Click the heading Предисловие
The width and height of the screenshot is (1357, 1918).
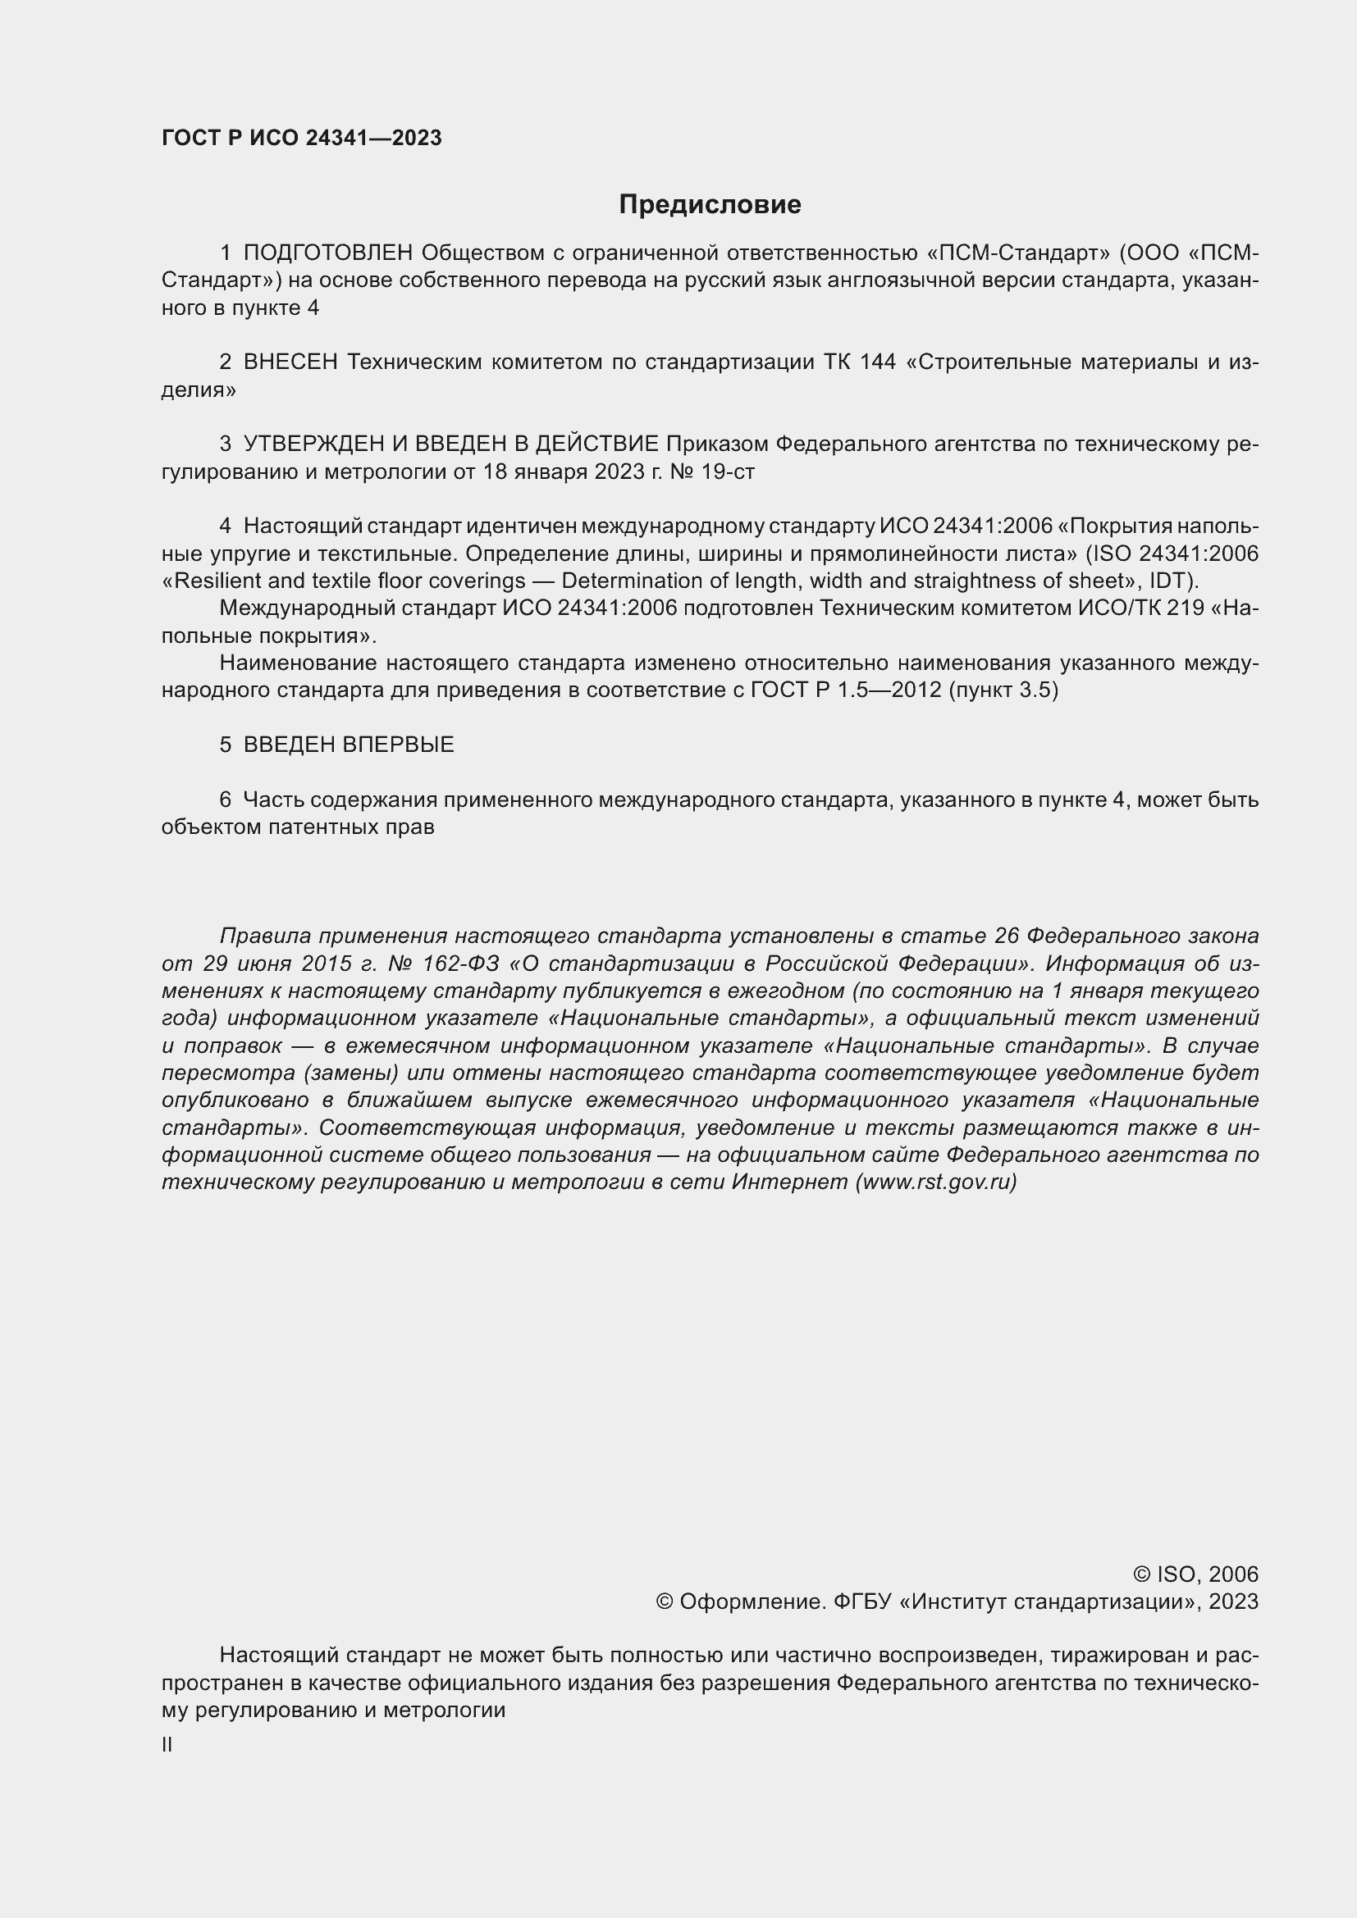point(710,205)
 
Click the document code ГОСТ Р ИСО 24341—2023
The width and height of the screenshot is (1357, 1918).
point(302,139)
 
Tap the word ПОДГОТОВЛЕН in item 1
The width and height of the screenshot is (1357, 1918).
point(328,253)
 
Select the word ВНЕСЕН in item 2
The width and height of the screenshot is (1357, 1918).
point(290,362)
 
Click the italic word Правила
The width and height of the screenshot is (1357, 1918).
point(265,936)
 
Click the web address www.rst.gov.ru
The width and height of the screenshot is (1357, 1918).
point(935,1183)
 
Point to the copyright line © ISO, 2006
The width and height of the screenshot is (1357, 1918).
point(1195,1574)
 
